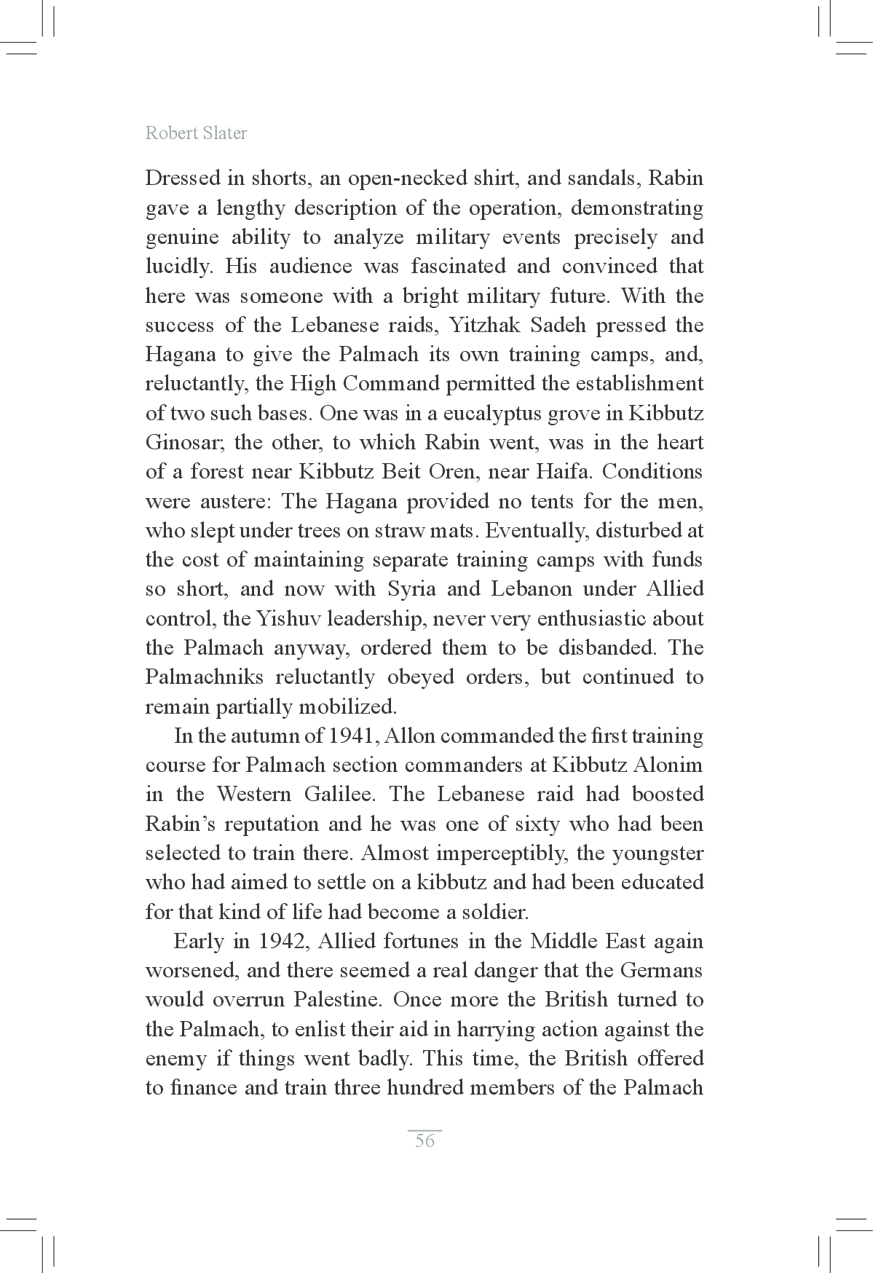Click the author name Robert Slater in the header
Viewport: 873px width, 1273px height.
(x=196, y=133)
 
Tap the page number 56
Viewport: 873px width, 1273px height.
(x=424, y=1140)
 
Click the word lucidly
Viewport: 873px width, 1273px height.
(x=178, y=267)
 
